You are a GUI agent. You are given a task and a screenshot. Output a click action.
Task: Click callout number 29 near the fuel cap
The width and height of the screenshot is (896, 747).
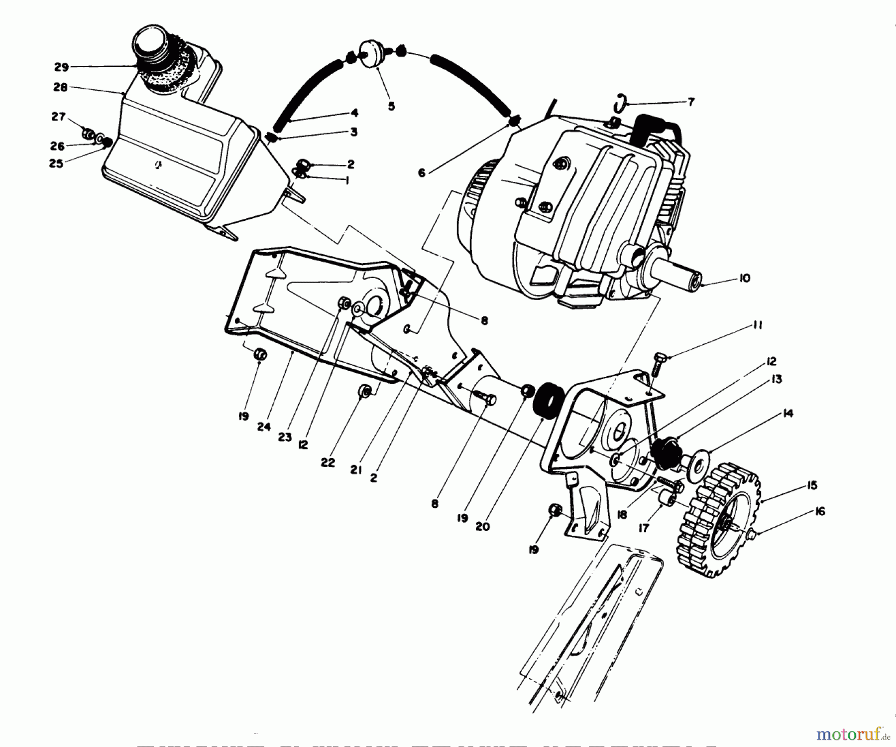tap(61, 67)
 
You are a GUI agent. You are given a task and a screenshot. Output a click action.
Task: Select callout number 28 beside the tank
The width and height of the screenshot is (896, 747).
tap(60, 88)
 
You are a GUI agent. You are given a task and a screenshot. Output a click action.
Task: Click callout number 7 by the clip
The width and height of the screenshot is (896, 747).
tap(690, 102)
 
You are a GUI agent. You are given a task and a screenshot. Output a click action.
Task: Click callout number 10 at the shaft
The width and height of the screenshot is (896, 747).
tap(744, 278)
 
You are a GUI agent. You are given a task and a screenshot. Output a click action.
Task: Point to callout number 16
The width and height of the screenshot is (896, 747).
tap(820, 511)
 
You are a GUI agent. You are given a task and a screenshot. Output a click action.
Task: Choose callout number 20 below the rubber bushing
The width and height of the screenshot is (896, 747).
tap(482, 526)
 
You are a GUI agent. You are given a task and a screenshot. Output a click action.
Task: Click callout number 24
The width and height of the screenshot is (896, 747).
tap(264, 427)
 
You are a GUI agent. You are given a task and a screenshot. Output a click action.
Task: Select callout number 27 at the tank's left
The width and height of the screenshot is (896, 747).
tap(58, 117)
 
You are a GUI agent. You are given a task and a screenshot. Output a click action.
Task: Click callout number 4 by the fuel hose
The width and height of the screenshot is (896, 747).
tap(354, 113)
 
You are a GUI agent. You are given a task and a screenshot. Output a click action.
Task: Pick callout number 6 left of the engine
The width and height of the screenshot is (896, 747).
tap(422, 173)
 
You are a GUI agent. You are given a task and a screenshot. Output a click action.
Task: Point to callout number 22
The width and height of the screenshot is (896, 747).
tap(328, 462)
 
